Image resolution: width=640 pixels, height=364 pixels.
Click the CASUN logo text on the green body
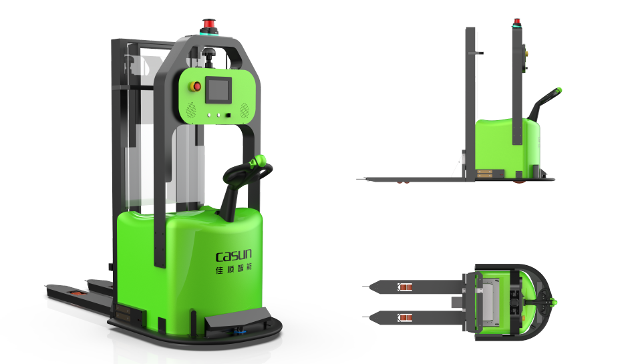233,255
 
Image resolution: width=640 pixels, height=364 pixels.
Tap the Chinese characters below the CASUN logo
233,268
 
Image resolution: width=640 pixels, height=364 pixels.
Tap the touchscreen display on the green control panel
218,89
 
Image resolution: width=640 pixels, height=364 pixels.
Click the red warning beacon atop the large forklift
208,23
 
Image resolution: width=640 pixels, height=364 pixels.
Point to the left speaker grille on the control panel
191,110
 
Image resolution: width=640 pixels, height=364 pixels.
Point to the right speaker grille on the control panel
245,110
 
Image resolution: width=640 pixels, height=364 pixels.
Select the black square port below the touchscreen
228,116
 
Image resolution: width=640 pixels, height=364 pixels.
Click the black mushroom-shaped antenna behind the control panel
210,57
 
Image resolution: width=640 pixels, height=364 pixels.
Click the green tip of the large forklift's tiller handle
259,161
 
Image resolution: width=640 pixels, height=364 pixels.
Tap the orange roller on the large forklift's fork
77,293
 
